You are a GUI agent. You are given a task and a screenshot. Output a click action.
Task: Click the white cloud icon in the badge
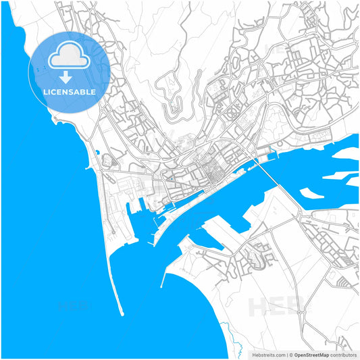click(70, 56)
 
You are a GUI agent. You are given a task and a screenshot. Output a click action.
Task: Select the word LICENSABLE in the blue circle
click(70, 92)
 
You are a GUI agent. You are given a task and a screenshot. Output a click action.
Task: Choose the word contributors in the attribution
click(343, 354)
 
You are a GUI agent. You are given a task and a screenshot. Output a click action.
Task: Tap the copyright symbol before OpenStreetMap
click(292, 354)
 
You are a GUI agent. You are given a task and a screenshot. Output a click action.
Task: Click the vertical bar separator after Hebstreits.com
click(288, 354)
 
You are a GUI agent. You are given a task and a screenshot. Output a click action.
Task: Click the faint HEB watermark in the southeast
click(274, 307)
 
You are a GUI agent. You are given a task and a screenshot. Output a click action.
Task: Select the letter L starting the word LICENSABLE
click(46, 92)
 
